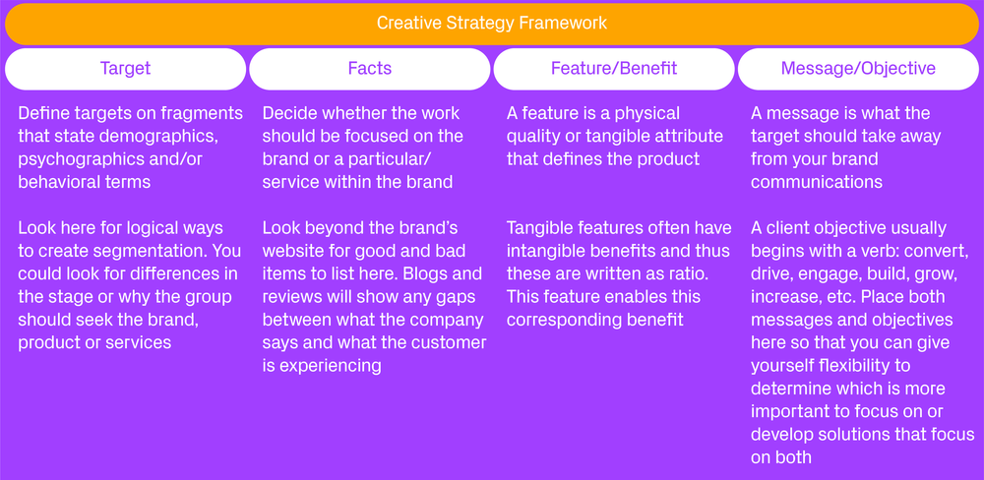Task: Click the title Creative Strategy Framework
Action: pyautogui.click(x=491, y=23)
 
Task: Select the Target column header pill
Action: pyautogui.click(x=125, y=69)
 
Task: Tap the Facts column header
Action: pyautogui.click(x=369, y=69)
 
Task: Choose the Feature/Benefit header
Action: pyautogui.click(x=613, y=69)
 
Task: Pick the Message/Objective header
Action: pyautogui.click(x=857, y=69)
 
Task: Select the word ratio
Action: pyautogui.click(x=676, y=274)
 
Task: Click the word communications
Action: pyautogui.click(x=816, y=181)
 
